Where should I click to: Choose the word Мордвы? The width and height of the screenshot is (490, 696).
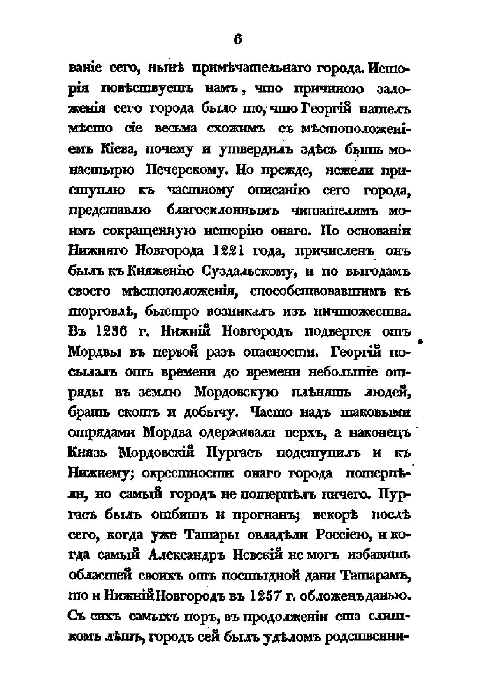click(93, 352)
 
